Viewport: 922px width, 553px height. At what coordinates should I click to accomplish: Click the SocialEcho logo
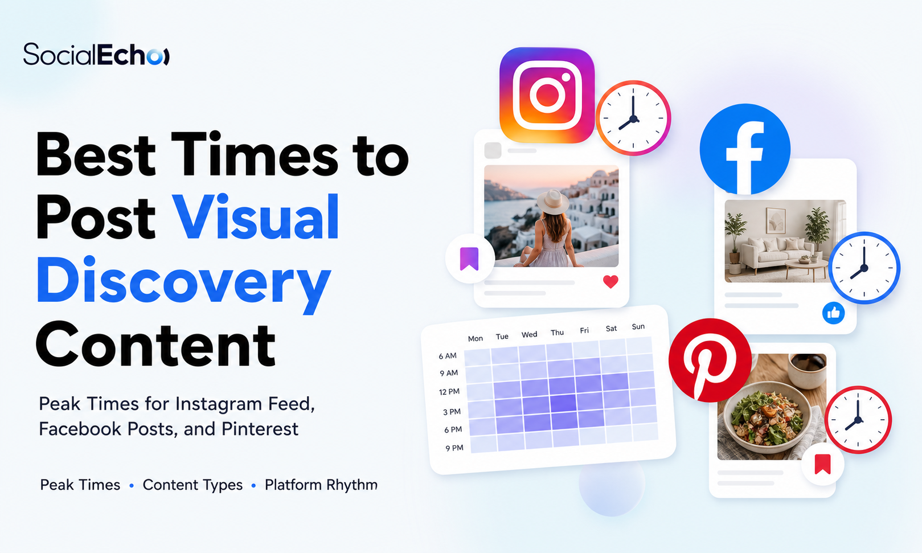(96, 54)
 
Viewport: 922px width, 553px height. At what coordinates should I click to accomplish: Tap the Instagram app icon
(547, 95)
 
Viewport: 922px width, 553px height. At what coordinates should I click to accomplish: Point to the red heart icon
(610, 282)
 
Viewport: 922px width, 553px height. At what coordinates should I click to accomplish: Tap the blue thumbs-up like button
(834, 313)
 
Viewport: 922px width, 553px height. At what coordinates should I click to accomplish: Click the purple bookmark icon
(469, 259)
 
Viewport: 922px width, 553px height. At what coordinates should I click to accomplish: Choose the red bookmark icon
(823, 464)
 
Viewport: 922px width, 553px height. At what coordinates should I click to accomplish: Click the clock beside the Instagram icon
(633, 118)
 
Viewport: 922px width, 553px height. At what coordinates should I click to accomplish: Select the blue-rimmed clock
(864, 268)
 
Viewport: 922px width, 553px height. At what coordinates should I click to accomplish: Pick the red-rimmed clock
(858, 420)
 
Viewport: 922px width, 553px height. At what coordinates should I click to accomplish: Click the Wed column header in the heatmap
(529, 334)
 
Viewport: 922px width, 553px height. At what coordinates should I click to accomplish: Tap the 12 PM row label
(449, 392)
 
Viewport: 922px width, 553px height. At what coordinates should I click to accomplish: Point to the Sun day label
(638, 326)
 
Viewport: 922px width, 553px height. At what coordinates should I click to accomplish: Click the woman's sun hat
(553, 201)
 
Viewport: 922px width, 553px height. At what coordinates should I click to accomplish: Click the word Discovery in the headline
(184, 280)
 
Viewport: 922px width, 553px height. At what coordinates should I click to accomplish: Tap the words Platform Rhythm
(321, 485)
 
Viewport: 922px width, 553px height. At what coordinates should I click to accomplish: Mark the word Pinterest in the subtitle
(260, 429)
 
